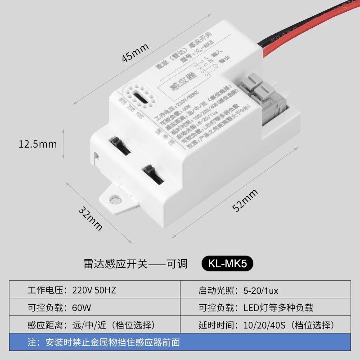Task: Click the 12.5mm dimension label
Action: coord(38,144)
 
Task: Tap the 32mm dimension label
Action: coord(90,218)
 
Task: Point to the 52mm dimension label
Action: coord(245,201)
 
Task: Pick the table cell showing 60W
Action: coord(81,308)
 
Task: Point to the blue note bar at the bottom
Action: coord(180,342)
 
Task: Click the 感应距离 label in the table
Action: coord(44,325)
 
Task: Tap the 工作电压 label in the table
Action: coord(44,290)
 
